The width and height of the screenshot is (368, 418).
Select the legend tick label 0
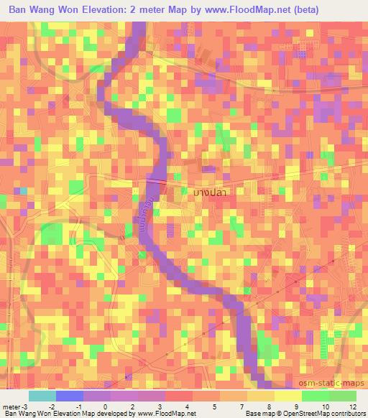pyautogui.click(x=111, y=407)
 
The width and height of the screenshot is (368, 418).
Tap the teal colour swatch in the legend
pyautogui.click(x=42, y=396)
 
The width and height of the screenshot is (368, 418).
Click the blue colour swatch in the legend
pyautogui.click(x=70, y=396)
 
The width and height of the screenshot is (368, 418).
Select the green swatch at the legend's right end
pyautogui.click(x=343, y=396)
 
